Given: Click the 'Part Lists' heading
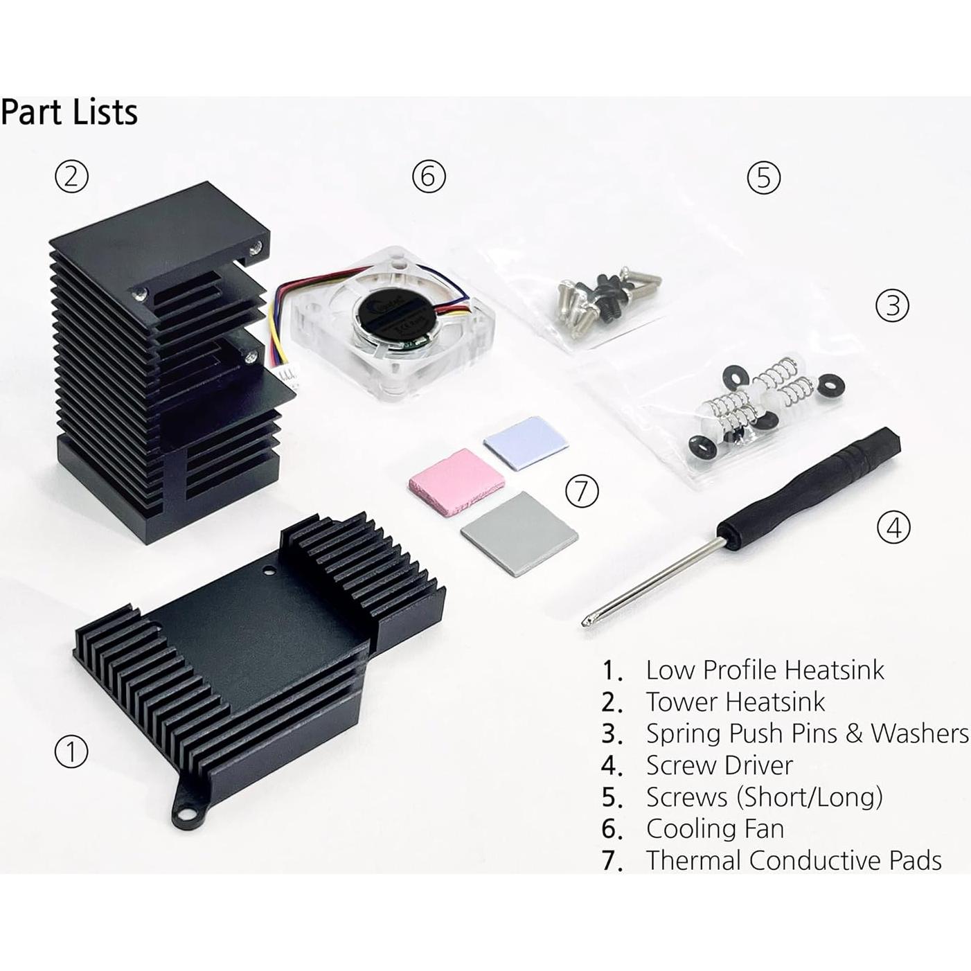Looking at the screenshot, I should pos(69,112).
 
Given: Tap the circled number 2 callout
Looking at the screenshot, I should pos(72,177).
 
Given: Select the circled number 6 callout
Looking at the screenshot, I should pos(429,177).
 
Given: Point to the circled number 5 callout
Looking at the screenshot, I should pos(764,177).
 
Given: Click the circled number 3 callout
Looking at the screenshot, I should pos(892,305).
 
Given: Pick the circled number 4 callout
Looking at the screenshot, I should pos(893,528).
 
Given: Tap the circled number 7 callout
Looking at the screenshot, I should pos(582,491).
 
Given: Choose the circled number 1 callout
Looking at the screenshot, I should pos(71,752).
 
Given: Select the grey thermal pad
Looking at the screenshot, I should pos(519,533).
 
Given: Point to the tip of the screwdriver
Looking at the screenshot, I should pos(586,623).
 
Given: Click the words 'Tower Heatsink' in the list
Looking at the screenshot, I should pos(736,702).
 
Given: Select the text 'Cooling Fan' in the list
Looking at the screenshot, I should pos(715,828).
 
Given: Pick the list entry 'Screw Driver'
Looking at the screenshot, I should pos(719,765).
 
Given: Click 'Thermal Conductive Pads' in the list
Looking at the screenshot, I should pos(794,860).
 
